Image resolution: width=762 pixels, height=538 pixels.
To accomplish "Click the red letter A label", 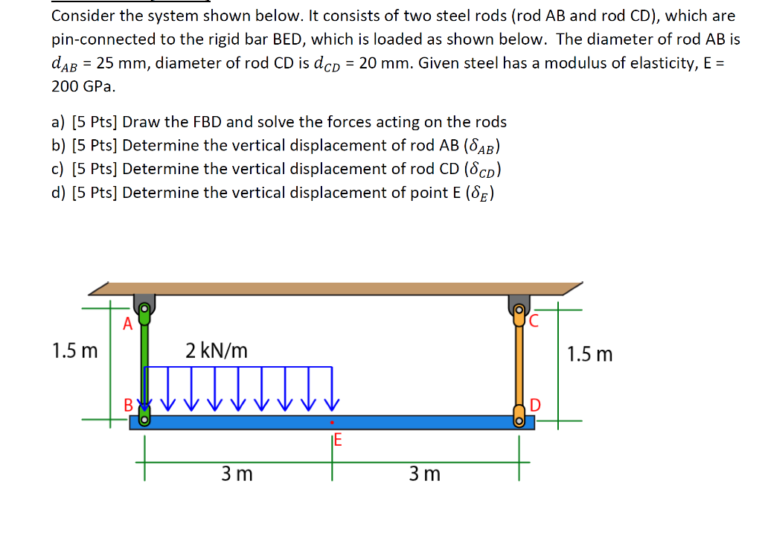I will click(127, 323).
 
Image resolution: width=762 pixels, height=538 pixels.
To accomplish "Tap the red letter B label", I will click(129, 406).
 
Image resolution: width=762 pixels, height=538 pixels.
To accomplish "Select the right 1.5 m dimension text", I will click(590, 353).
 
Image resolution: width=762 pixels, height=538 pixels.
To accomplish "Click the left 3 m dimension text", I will click(237, 473).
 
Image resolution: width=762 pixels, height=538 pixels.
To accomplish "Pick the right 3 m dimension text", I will click(425, 473).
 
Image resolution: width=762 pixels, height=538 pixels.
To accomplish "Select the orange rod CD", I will click(519, 365).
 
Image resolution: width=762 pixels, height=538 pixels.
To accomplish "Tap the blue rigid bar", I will click(417, 422).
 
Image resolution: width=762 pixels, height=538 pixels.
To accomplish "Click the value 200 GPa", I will click(83, 86).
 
